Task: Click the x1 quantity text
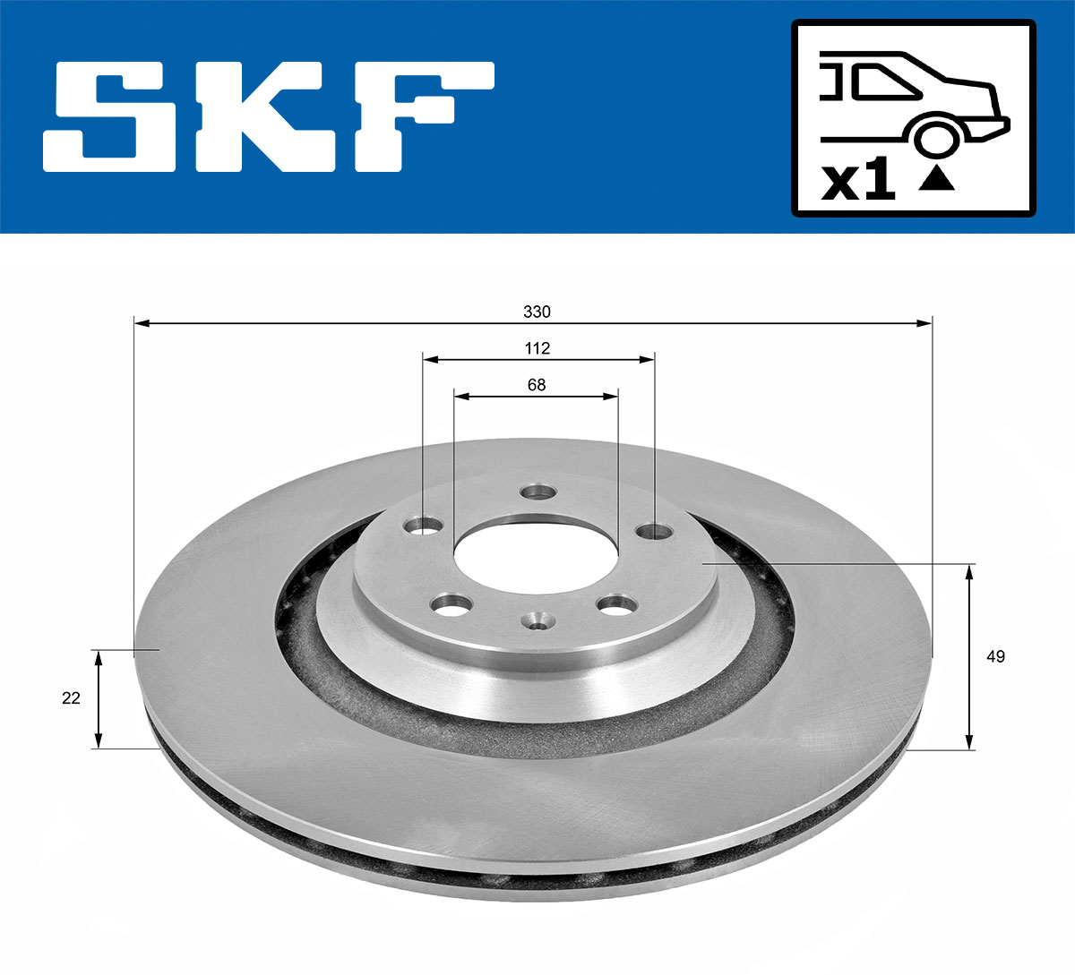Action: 858,182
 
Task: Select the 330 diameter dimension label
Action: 537,312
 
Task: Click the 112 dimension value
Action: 537,348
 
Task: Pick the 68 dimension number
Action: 537,385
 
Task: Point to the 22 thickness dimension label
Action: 71,697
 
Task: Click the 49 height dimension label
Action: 995,656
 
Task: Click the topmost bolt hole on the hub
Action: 539,492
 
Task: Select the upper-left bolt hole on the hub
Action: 423,526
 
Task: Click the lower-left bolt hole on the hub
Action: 451,606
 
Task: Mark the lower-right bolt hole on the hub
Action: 616,606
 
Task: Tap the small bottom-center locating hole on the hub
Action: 537,620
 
